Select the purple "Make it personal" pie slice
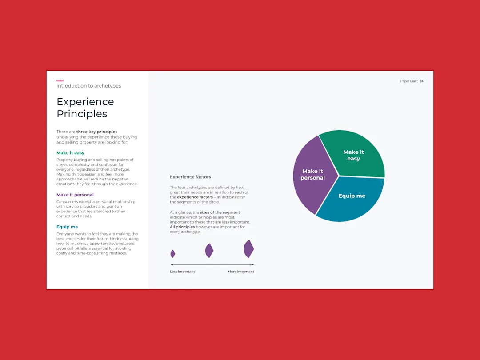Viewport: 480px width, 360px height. pos(312,175)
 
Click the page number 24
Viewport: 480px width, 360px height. pos(421,81)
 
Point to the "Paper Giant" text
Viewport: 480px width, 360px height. pos(409,81)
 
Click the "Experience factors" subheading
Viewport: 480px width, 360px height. pos(190,177)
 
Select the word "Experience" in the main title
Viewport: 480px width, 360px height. pos(85,102)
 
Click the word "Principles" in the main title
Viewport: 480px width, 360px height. pos(82,114)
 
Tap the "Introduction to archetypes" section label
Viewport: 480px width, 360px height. pos(88,86)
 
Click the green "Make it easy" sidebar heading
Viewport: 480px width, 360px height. pos(70,153)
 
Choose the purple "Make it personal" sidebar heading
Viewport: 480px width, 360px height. pos(75,195)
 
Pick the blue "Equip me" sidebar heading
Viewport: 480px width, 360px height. pos(67,227)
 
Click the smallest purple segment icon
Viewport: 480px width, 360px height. pos(172,253)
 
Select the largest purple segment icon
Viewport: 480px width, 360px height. pos(248,248)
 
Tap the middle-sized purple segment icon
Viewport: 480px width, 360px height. pos(209,250)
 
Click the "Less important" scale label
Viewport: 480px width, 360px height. pos(182,272)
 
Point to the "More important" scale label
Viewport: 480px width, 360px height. pos(241,272)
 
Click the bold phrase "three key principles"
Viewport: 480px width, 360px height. pos(97,132)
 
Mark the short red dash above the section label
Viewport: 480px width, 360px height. pos(60,81)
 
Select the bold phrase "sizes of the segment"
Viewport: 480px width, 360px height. pos(220,212)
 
